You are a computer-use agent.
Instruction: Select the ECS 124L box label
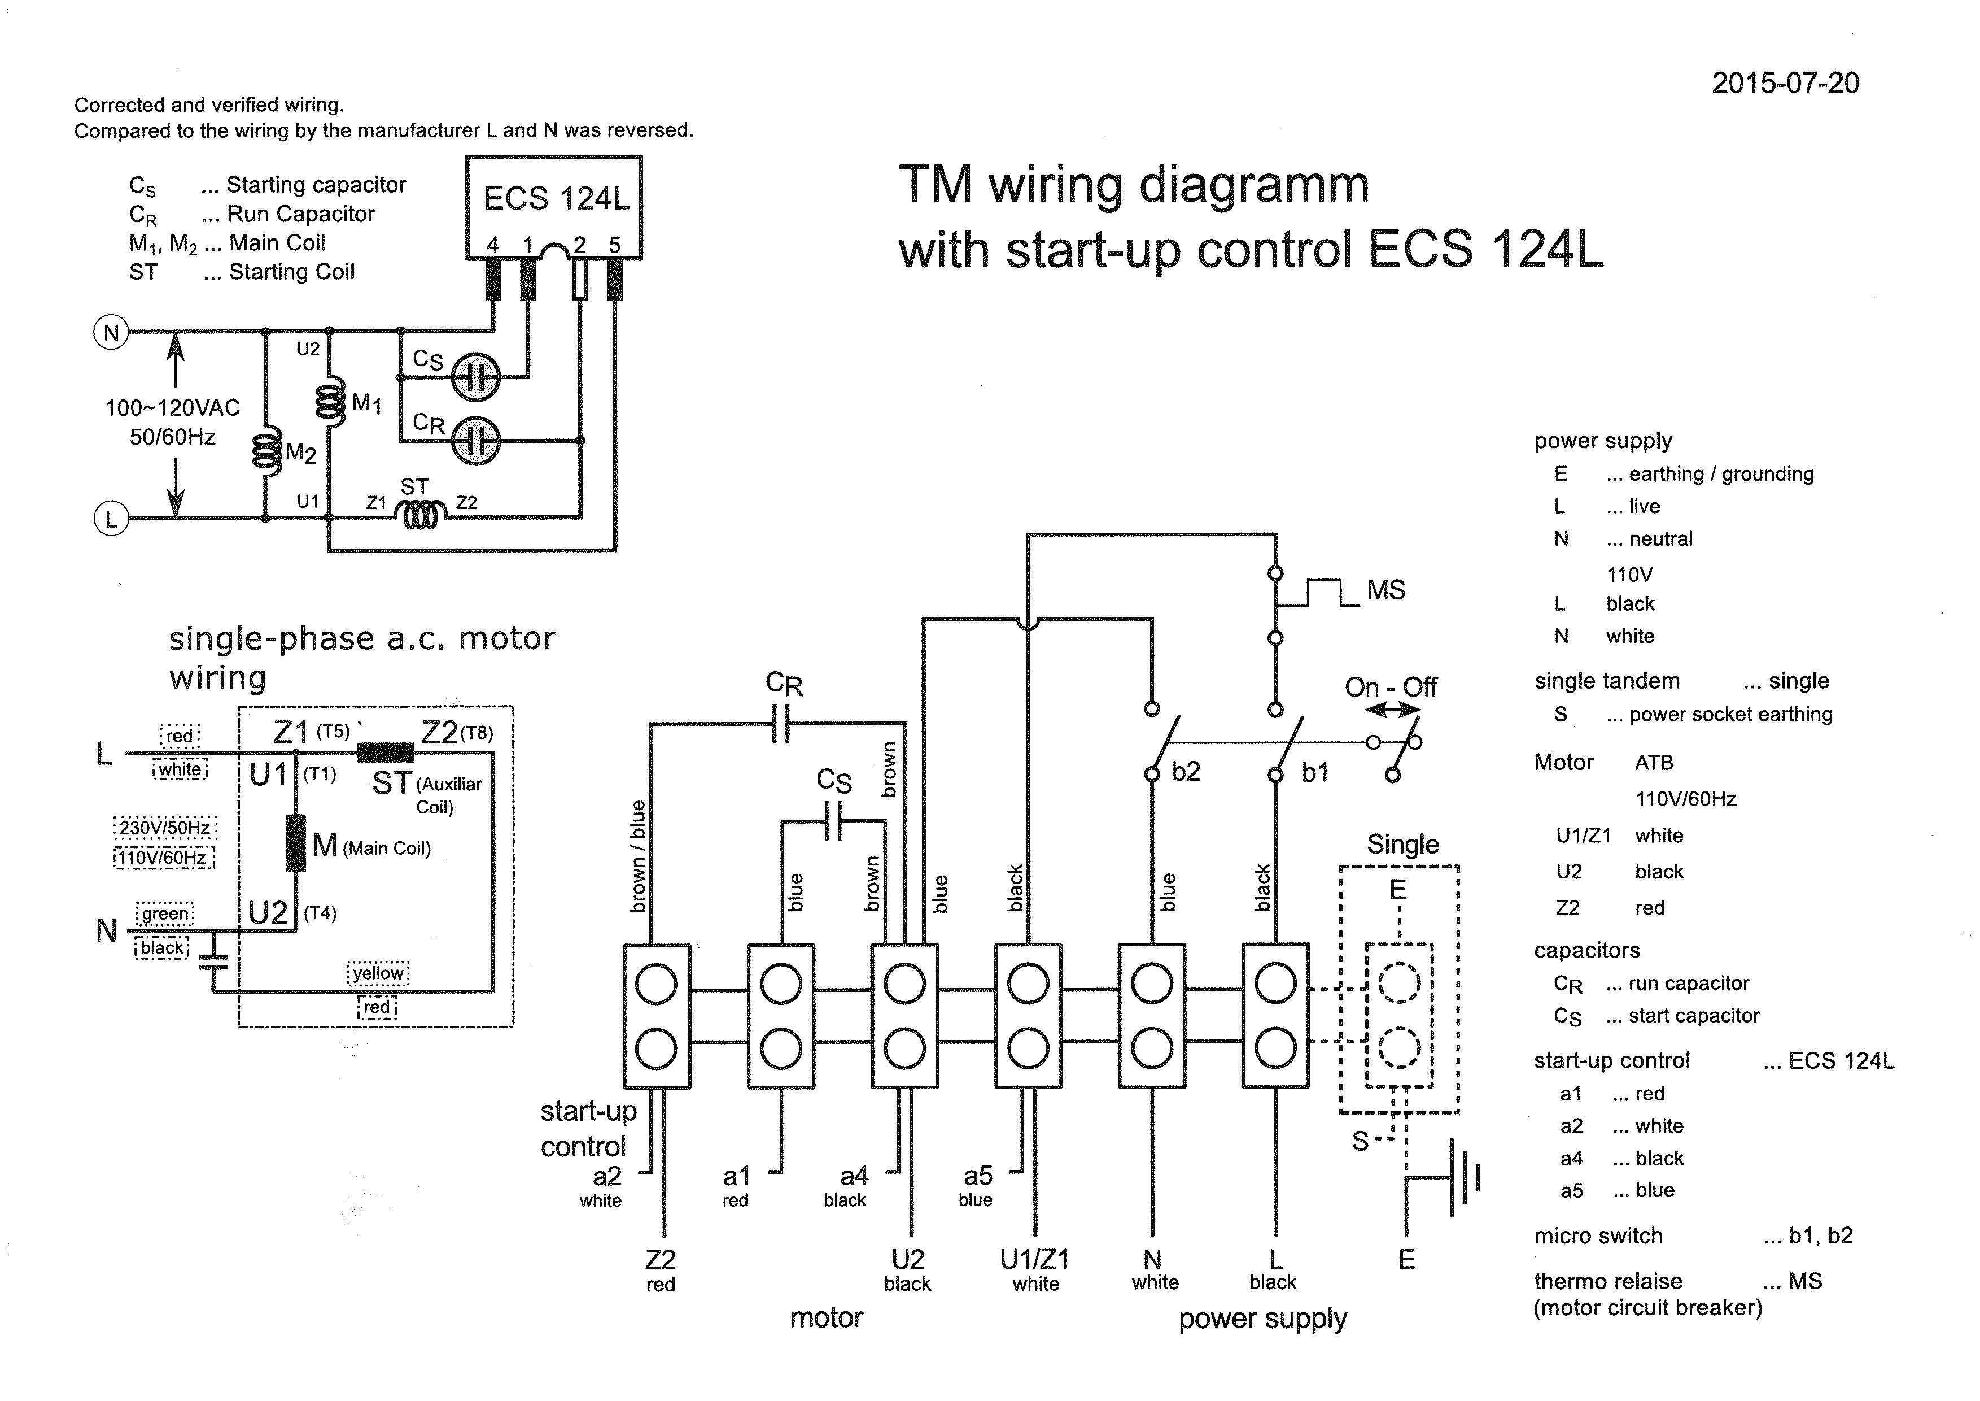(x=556, y=198)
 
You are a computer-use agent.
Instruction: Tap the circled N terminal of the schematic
(x=111, y=333)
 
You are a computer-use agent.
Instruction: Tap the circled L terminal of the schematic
(x=111, y=519)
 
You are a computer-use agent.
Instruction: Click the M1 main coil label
(x=366, y=403)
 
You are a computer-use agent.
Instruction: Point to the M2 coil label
(x=301, y=453)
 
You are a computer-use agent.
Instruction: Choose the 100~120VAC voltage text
(x=172, y=408)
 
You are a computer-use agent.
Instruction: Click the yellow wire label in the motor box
(x=378, y=973)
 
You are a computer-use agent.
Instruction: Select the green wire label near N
(x=165, y=913)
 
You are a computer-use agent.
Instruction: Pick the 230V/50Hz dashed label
(x=165, y=828)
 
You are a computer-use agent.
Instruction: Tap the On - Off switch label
(x=1390, y=688)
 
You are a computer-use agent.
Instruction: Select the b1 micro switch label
(x=1315, y=772)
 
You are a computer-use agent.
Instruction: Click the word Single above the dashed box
(x=1402, y=843)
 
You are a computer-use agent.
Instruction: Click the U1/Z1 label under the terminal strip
(x=1034, y=1260)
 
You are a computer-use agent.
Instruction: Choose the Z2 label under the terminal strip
(x=659, y=1260)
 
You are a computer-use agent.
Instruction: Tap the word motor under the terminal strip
(x=826, y=1317)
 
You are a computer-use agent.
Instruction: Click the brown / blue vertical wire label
(x=638, y=856)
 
